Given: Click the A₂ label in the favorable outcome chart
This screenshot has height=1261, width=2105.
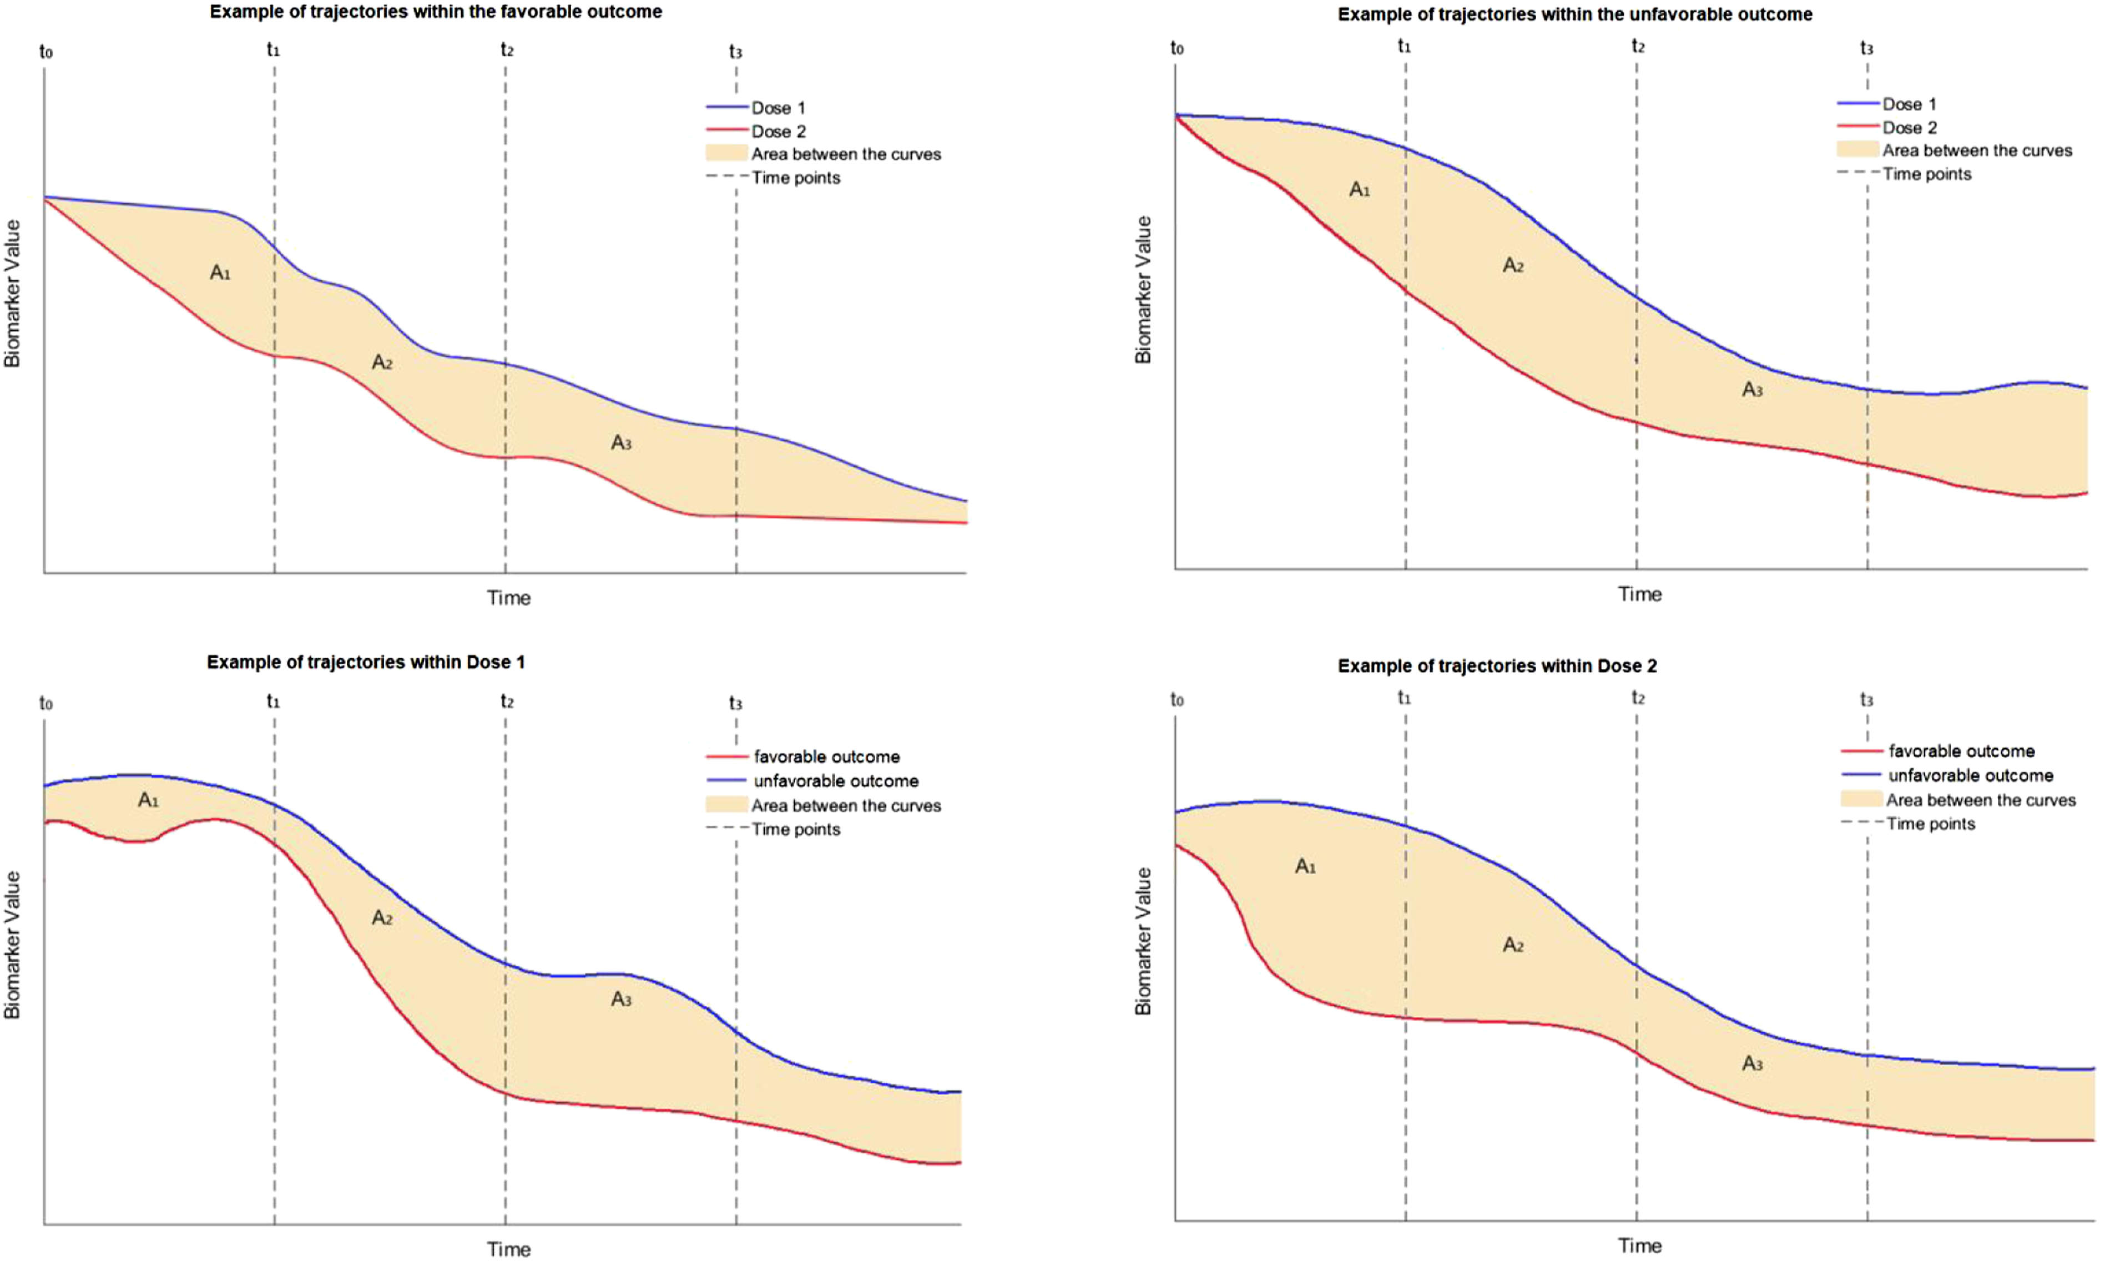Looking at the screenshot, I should click(x=382, y=363).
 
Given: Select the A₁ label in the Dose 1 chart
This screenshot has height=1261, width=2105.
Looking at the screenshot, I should click(x=149, y=800).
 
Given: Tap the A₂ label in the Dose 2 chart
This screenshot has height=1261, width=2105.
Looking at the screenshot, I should click(x=1513, y=945).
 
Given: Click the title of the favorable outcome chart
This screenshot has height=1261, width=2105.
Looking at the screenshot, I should click(x=436, y=12).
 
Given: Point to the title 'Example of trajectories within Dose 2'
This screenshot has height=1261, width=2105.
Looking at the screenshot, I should click(x=1497, y=666).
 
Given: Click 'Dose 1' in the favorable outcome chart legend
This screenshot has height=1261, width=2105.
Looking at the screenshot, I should click(x=778, y=108).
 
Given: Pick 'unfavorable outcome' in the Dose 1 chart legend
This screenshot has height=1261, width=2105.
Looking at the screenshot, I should click(x=836, y=781).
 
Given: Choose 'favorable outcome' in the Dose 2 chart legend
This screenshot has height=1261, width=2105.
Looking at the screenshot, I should click(x=1961, y=751).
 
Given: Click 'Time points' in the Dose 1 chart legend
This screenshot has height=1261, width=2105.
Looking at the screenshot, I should click(x=796, y=829).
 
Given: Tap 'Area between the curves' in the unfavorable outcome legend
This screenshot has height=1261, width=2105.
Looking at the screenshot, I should click(x=1977, y=150).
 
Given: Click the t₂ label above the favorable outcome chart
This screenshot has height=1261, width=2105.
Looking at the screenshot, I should click(x=506, y=50).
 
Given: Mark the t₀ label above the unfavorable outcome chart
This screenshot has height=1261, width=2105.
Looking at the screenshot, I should click(x=1177, y=48).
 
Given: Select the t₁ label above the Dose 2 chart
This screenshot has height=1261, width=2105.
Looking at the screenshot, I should click(x=1404, y=698).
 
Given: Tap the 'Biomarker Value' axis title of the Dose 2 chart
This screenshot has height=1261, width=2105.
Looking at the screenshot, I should click(x=1143, y=941).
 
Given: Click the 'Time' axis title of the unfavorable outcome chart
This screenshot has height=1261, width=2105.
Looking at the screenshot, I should click(x=1639, y=594).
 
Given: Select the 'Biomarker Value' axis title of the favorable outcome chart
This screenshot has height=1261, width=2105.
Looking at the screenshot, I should click(x=12, y=293).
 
